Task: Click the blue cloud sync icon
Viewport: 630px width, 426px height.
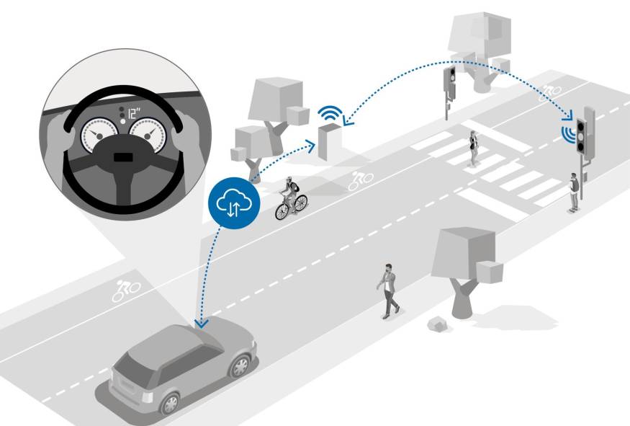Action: (x=234, y=203)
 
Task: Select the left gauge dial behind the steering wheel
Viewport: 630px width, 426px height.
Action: (x=99, y=134)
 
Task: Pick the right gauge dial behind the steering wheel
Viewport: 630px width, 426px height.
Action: (x=148, y=134)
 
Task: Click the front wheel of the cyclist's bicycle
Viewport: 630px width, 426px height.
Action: (x=282, y=212)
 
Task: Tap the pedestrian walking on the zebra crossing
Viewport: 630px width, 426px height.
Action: (x=473, y=148)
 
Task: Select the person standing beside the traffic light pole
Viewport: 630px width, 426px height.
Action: (x=574, y=192)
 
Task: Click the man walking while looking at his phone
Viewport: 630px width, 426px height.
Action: (x=388, y=291)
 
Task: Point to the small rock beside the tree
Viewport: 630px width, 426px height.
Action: (x=438, y=324)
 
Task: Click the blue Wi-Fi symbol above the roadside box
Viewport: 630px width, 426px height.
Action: (x=330, y=113)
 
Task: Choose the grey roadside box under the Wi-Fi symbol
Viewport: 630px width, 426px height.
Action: (x=330, y=142)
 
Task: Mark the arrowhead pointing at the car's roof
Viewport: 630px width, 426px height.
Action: (x=201, y=324)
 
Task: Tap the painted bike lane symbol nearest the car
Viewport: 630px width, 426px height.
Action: (x=126, y=290)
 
